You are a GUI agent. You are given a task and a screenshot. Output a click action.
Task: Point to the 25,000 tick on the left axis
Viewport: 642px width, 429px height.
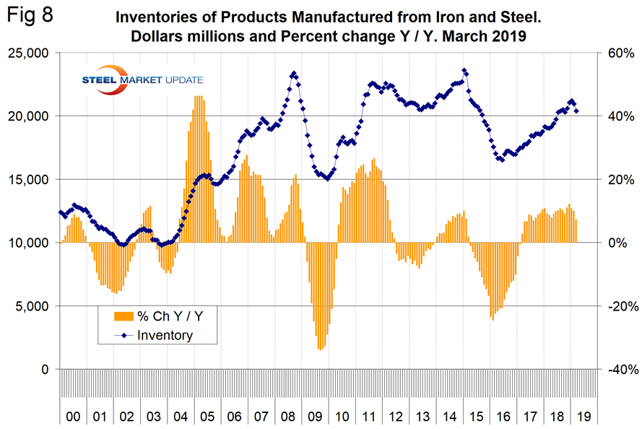(x=27, y=53)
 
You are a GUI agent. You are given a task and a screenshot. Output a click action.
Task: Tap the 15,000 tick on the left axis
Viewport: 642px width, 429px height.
(x=27, y=179)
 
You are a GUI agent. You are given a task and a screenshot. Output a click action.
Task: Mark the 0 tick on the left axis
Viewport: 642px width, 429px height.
(x=44, y=369)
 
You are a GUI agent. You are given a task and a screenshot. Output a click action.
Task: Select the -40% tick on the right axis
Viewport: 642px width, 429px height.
(x=617, y=369)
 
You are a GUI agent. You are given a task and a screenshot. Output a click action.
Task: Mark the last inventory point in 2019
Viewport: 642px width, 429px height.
(x=576, y=111)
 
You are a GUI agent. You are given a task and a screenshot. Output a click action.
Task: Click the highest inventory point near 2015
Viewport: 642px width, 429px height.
(x=464, y=70)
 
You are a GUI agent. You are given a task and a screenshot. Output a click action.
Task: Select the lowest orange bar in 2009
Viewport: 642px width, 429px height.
(x=320, y=350)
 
